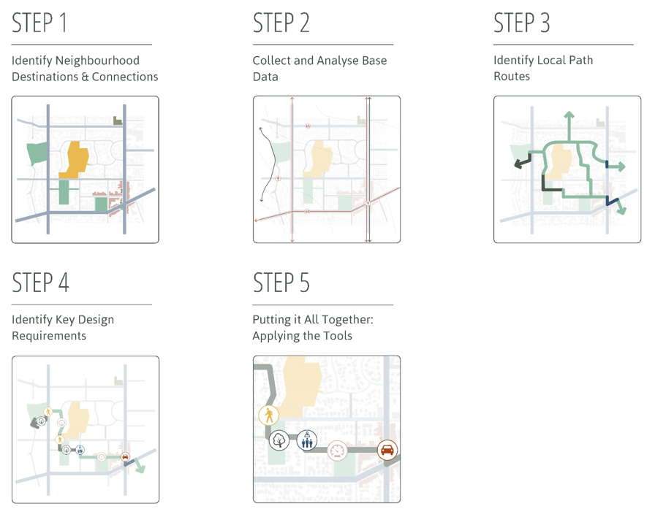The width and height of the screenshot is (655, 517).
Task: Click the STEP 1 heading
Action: [x=39, y=23]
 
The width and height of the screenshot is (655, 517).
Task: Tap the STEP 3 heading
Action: [x=522, y=23]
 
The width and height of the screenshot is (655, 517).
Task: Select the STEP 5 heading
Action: [x=281, y=283]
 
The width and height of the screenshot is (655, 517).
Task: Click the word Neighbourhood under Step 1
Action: [x=97, y=61]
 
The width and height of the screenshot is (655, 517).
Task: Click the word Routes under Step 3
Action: [x=512, y=77]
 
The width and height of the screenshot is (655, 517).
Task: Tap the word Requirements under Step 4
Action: [x=49, y=336]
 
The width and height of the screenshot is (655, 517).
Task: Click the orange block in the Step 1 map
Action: [x=75, y=161]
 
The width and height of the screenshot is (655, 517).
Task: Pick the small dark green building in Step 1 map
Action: [x=118, y=120]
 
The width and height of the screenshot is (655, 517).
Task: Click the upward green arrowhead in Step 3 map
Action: [x=569, y=115]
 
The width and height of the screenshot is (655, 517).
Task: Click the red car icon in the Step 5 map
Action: [x=387, y=451]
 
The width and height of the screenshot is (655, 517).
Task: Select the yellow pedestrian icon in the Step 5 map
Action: [x=268, y=415]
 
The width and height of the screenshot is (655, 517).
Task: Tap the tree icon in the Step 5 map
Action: [x=279, y=440]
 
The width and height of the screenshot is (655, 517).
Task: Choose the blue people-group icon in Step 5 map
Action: [x=307, y=440]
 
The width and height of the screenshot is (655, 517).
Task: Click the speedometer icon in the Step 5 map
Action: [x=337, y=451]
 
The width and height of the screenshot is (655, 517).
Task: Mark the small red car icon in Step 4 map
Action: [x=125, y=457]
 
